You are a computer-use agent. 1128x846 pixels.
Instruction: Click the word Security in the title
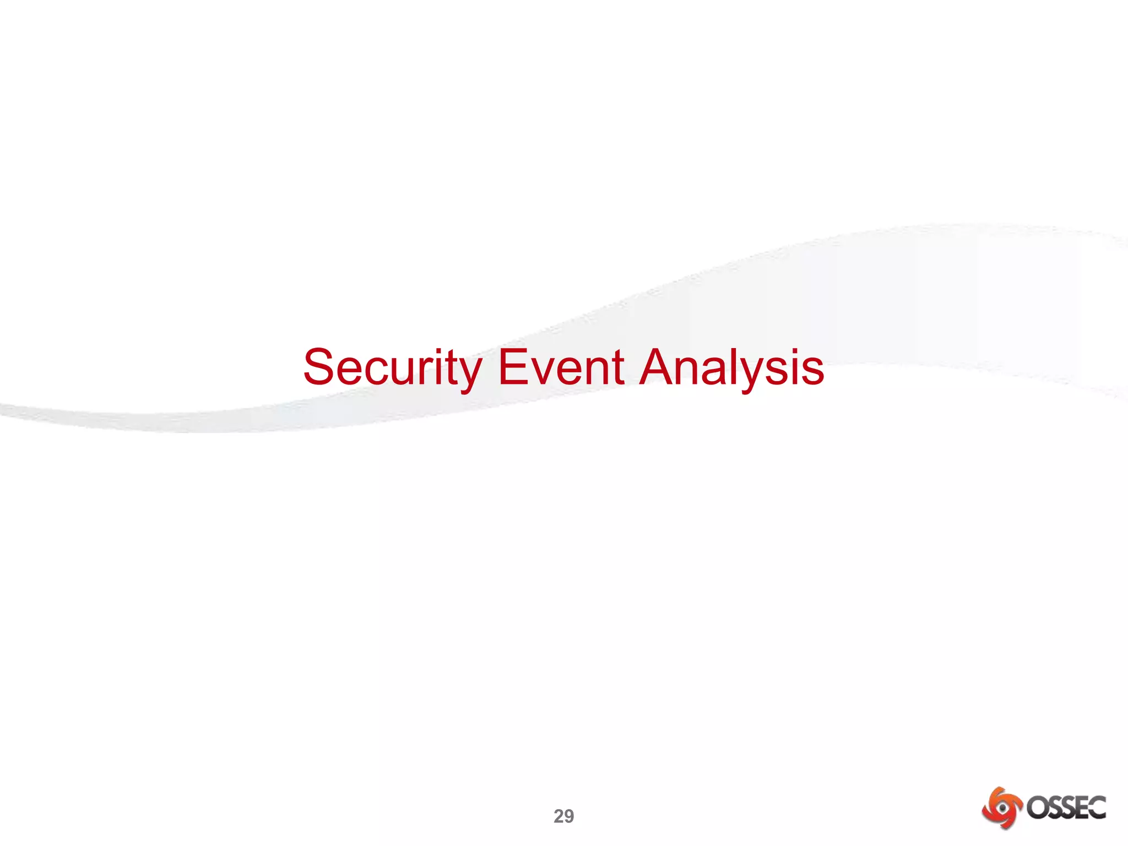pos(393,367)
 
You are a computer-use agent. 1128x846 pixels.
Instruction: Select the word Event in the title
pos(561,367)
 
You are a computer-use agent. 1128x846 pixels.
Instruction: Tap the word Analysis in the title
pos(731,367)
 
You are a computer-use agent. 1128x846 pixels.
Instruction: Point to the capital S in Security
pos(319,367)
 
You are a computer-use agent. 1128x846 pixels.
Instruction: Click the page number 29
pos(563,816)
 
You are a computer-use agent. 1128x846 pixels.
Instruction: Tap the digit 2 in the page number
pos(558,816)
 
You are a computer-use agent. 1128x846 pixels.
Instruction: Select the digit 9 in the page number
pos(569,816)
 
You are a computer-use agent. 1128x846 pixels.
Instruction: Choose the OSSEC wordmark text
pos(1066,808)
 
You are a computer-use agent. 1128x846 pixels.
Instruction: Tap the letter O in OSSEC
pos(1036,808)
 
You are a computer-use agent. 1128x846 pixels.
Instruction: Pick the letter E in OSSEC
pos(1082,808)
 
